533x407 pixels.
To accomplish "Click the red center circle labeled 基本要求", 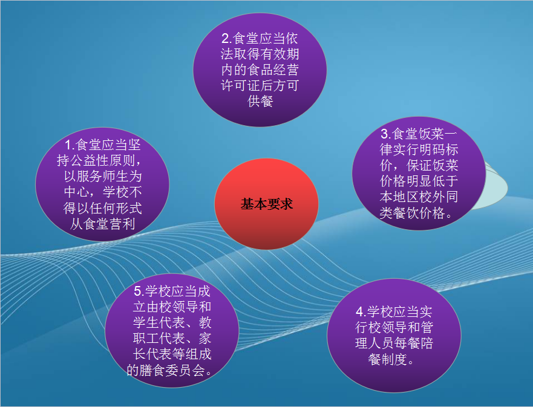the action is click(266, 204).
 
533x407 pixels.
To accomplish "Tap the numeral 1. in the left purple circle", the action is click(70, 145).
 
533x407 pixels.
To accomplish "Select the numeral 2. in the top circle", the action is click(226, 38).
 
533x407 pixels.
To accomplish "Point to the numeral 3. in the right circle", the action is click(385, 134).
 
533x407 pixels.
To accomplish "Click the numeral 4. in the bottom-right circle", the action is click(361, 311).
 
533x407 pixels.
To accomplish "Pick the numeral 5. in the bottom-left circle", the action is click(139, 291).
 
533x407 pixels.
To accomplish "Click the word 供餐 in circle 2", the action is click(260, 101).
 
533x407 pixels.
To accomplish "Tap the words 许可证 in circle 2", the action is click(240, 86).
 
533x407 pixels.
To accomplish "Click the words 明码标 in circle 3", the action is click(439, 149).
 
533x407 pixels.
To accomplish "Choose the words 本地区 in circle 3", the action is click(399, 197).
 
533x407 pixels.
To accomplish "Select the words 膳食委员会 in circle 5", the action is click(172, 370).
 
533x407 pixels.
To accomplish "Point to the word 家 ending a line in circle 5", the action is click(205, 339).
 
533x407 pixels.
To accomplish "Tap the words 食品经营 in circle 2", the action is click(273, 70).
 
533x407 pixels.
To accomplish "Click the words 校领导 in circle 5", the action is click(166, 307).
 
